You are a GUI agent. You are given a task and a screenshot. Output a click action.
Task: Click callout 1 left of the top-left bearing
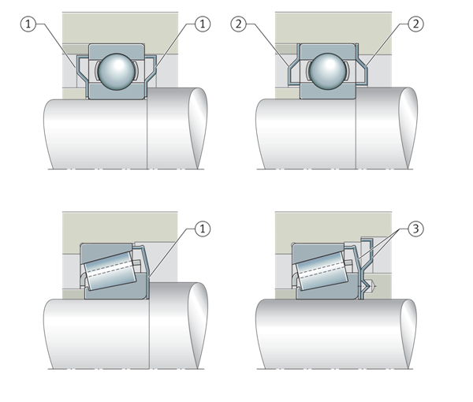(x=28, y=24)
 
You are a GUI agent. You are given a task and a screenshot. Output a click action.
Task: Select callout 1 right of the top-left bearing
(x=203, y=24)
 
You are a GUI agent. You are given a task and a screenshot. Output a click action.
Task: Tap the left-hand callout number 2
(x=239, y=24)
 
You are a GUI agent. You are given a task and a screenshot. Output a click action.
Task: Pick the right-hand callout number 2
(x=415, y=24)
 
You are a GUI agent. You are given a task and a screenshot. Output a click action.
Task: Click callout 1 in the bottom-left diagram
(x=203, y=229)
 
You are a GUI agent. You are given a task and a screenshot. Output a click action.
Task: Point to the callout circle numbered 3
(x=415, y=229)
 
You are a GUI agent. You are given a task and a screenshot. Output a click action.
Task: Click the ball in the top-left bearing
(x=117, y=72)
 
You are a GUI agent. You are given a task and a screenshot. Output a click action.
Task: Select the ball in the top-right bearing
(x=328, y=72)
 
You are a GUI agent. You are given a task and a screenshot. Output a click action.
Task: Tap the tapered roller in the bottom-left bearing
(x=111, y=271)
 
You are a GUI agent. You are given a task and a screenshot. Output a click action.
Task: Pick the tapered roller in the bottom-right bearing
(x=322, y=271)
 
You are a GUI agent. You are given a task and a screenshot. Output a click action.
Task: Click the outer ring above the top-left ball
(x=117, y=49)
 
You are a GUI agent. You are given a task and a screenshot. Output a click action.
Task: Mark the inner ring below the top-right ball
(x=328, y=92)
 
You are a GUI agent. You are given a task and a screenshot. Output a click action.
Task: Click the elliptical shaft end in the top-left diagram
(x=198, y=128)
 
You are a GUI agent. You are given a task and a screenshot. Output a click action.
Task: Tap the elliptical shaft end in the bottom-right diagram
(x=408, y=334)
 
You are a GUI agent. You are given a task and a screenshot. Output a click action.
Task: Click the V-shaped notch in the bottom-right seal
(x=367, y=285)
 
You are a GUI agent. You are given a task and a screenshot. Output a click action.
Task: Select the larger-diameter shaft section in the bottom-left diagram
(x=178, y=326)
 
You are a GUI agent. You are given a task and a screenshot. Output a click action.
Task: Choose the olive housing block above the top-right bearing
(x=333, y=28)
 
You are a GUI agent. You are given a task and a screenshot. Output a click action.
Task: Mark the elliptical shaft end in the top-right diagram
(x=408, y=128)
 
